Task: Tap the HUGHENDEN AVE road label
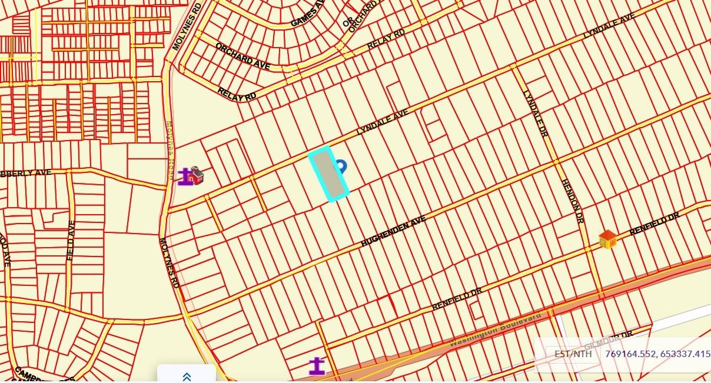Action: tap(393, 231)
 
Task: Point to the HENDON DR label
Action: tap(572, 201)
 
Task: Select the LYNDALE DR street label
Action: tap(535, 114)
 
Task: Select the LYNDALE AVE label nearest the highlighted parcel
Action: tap(382, 122)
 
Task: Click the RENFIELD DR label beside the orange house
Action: tap(654, 224)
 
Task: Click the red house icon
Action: tap(196, 175)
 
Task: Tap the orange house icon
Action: tap(607, 239)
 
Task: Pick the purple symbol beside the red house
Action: tap(186, 177)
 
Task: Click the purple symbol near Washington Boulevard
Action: tap(317, 366)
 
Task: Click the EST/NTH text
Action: tap(573, 354)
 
